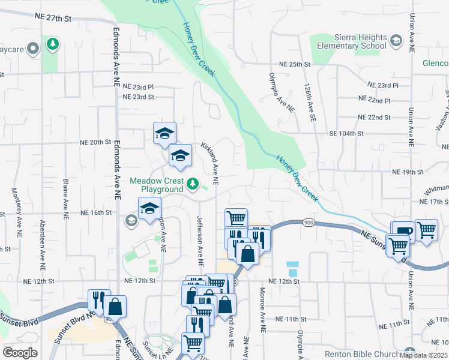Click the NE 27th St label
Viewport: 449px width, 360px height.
pos(53,19)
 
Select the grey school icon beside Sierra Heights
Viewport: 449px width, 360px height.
pos(396,40)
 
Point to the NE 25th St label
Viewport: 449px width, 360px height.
pos(295,64)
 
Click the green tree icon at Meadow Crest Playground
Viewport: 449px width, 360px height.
pos(193,184)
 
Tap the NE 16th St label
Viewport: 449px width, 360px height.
pos(97,212)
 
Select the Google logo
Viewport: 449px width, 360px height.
pos(20,352)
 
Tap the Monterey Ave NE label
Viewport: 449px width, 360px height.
pos(16,209)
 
